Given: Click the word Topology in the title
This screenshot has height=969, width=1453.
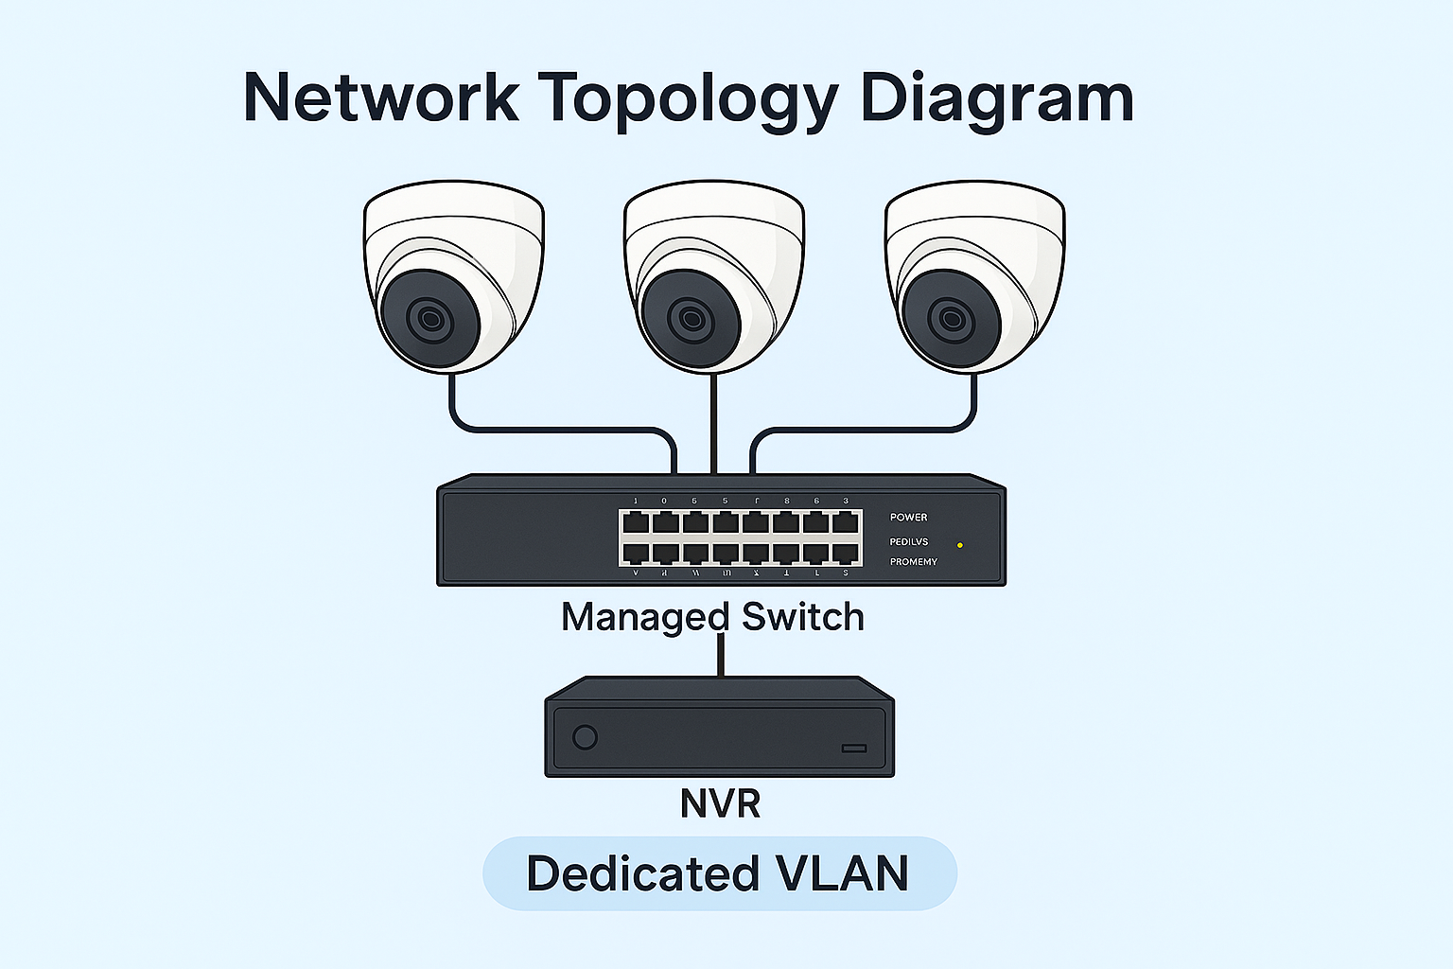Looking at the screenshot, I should point(688,98).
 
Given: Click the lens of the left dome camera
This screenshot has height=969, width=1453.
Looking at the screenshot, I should point(429,319).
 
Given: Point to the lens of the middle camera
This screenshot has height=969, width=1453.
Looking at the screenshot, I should point(691,319).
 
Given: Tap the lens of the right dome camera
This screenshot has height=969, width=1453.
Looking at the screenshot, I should point(951,319).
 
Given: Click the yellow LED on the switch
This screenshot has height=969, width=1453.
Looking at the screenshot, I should point(960,545).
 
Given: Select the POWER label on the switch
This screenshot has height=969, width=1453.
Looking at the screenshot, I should point(908,518).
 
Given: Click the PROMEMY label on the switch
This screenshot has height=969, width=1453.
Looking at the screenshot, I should point(913,562).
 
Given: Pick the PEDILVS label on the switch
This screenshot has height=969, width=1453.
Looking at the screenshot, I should point(908,542).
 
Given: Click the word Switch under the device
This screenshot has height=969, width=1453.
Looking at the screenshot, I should point(803,617).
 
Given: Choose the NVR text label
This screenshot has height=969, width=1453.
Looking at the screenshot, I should point(720,803).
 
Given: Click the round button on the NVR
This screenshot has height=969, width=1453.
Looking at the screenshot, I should point(586,737).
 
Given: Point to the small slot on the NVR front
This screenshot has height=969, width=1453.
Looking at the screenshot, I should point(854,749).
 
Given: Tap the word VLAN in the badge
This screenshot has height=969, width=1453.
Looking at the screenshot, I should point(842,873).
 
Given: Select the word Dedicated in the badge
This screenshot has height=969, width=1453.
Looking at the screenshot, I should point(643,873).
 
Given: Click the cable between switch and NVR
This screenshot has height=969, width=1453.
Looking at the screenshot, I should point(721,655).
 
